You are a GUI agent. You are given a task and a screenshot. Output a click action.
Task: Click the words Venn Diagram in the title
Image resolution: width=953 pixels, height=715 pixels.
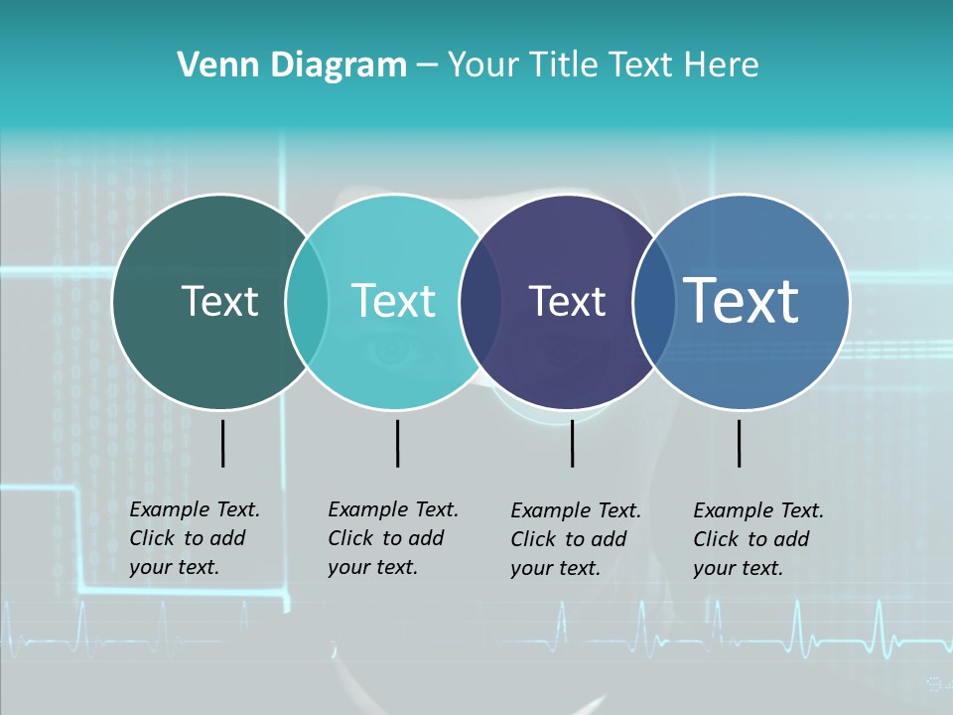(x=292, y=66)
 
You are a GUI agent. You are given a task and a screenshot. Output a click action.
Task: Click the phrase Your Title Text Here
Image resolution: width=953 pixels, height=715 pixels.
(x=603, y=66)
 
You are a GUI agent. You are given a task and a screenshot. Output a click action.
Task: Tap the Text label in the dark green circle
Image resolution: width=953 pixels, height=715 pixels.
(x=219, y=301)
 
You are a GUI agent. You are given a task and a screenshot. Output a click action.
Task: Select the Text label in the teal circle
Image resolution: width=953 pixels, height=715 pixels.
(x=393, y=301)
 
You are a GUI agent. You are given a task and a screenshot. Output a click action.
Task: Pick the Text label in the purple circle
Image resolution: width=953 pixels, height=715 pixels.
(x=567, y=301)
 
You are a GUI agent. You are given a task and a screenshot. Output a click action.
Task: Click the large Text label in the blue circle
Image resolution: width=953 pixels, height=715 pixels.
(x=742, y=300)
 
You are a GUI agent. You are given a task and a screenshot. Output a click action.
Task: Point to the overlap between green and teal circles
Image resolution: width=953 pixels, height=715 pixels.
(x=307, y=302)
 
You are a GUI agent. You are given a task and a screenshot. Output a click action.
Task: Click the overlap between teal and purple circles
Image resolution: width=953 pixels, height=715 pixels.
(x=480, y=302)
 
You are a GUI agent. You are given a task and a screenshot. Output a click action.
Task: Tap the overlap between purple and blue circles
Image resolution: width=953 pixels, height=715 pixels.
(x=651, y=302)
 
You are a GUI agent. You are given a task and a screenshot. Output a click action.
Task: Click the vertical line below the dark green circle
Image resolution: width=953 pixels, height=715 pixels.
(x=222, y=443)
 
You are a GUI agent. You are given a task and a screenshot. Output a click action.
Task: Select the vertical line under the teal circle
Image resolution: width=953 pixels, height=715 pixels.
(x=397, y=443)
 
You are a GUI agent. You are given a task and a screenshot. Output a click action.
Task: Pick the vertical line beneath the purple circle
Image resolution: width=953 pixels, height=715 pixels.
(x=572, y=443)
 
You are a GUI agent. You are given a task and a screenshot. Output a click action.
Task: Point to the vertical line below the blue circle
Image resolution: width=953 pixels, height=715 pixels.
(x=739, y=443)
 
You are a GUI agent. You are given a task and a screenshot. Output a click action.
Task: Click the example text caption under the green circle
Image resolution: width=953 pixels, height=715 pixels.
(x=194, y=538)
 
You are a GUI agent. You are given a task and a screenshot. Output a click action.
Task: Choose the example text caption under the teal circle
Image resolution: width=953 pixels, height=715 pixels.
(x=392, y=538)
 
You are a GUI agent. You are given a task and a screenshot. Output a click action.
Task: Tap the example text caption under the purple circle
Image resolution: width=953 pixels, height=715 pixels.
(x=575, y=539)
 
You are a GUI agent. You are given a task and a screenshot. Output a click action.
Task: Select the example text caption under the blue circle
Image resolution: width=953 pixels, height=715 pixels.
(x=757, y=539)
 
